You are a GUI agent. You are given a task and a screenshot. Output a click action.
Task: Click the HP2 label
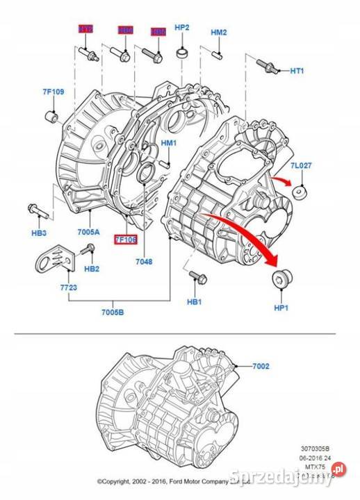click(182, 28)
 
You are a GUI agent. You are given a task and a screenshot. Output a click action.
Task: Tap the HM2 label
click(218, 33)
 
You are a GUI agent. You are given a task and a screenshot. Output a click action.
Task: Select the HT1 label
click(297, 71)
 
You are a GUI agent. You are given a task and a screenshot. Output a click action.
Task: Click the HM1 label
click(170, 144)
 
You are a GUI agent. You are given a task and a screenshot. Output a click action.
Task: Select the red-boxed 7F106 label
click(126, 238)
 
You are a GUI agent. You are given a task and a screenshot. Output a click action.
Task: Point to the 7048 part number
click(145, 262)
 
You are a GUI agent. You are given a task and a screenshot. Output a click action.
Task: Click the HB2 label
click(92, 269)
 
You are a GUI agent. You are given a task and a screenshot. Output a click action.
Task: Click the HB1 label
click(194, 302)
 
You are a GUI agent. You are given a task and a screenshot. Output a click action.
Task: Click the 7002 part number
click(261, 365)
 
